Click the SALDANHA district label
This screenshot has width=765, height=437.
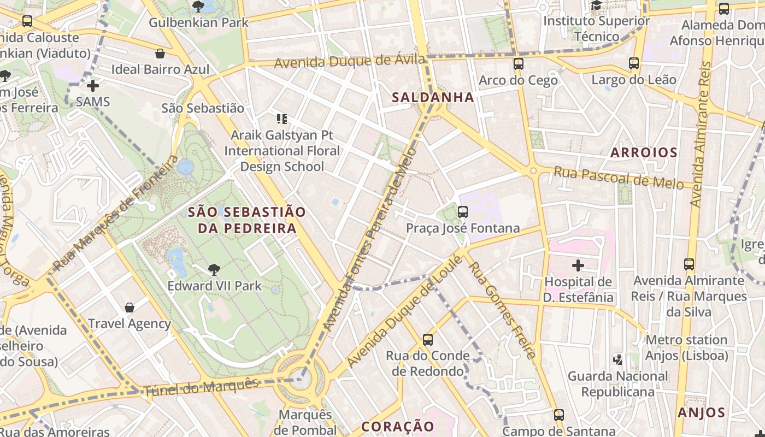point(433,97)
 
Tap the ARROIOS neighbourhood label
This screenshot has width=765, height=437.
point(644,152)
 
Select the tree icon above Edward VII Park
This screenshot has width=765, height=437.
point(214,269)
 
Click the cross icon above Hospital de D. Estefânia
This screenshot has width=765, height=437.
point(578,266)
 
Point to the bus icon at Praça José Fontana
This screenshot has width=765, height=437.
point(463,212)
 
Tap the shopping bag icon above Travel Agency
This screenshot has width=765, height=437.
point(130,308)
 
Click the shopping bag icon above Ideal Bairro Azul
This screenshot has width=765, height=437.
point(160,54)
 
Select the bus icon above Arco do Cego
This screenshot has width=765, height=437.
point(519,64)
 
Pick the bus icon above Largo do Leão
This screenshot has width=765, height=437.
point(634,63)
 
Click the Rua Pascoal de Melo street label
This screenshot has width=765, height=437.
point(619,178)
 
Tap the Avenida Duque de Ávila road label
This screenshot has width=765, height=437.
point(350,61)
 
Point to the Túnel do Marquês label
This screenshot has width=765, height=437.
point(201,387)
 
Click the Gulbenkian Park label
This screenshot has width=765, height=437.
point(199,22)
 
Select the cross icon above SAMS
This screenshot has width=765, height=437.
point(93,86)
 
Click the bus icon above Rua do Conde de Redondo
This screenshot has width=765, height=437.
point(428,340)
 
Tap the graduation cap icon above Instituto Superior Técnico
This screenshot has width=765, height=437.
point(596,5)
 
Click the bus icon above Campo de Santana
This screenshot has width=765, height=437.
point(558,415)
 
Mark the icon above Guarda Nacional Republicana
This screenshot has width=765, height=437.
point(618,359)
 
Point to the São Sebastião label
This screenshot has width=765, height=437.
point(203,108)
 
